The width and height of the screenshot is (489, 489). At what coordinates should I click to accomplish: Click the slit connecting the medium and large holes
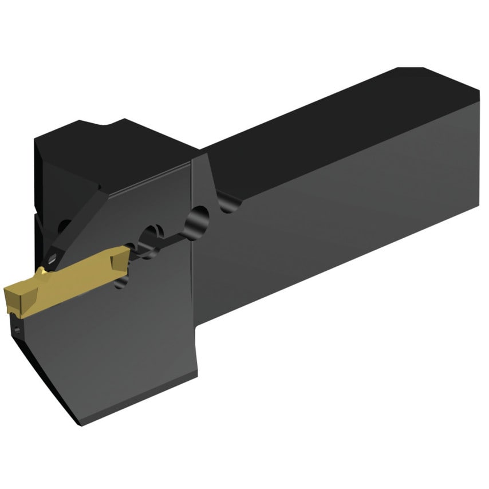tap(175, 234)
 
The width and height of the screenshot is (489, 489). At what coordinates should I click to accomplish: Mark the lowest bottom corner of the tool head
tap(77, 424)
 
